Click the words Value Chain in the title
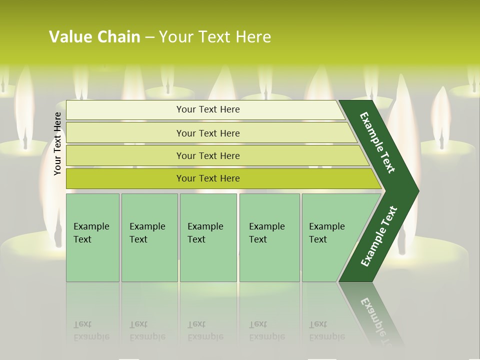[94, 36]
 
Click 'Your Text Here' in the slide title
[215, 36]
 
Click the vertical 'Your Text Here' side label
[57, 144]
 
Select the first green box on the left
[92, 237]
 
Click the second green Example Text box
[149, 237]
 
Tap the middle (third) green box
[208, 237]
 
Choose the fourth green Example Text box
[269, 237]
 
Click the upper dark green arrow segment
[377, 142]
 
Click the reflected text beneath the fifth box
[326, 330]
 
